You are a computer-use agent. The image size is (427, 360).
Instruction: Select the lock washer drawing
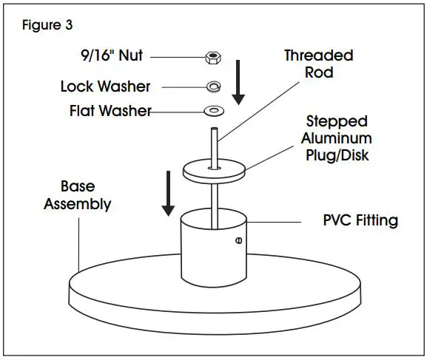point(212,86)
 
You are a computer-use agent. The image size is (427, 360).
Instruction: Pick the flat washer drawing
point(214,112)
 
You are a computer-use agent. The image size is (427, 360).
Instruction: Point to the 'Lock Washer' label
point(105,86)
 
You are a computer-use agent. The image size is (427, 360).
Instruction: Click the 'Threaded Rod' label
point(318,64)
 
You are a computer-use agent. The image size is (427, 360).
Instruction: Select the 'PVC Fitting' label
point(361,220)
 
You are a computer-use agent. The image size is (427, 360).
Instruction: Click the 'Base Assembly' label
point(77,195)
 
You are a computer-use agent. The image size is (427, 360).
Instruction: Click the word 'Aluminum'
point(340,138)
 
